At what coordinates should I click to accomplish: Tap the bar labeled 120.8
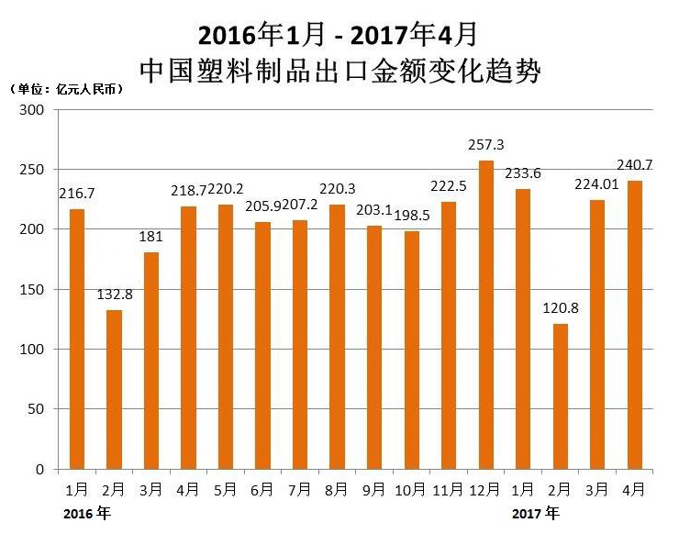point(560,396)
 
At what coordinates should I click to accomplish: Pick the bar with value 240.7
point(634,325)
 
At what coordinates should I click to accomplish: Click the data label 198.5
point(412,216)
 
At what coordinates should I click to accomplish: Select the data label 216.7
point(76,195)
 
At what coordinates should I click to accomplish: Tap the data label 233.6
point(522,174)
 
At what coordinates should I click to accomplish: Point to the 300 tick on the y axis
point(32,110)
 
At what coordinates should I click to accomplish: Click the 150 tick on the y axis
point(32,290)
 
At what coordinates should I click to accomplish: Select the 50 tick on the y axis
point(36,409)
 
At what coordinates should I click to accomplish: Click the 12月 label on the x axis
point(485,488)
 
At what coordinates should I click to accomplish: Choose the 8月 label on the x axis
point(337,488)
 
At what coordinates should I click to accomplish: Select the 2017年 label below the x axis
point(536,513)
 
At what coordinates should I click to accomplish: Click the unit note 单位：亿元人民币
point(67,90)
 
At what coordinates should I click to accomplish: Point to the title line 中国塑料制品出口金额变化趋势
point(339,70)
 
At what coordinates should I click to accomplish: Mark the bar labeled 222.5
point(449,336)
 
